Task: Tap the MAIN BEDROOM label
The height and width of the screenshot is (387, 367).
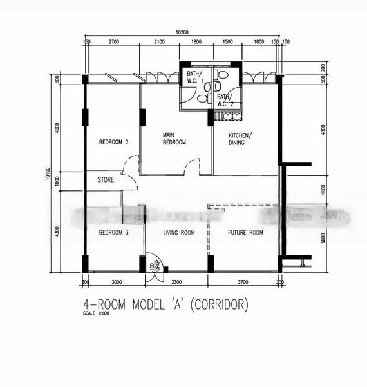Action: point(174,138)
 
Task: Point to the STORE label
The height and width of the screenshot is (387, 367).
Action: point(106,180)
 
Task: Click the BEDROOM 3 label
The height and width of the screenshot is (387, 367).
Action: point(114,232)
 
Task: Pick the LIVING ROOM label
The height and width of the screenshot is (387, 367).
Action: point(178,232)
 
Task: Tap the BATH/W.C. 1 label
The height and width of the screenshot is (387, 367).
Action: point(194,77)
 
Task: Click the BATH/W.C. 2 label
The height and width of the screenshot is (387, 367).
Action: point(224,100)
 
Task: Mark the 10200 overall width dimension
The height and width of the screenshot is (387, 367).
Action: point(182,32)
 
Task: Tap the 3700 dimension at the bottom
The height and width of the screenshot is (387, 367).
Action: point(243,283)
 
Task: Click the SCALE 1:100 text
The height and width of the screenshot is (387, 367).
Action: point(97,314)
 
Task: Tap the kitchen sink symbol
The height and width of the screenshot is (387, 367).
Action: point(228,116)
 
